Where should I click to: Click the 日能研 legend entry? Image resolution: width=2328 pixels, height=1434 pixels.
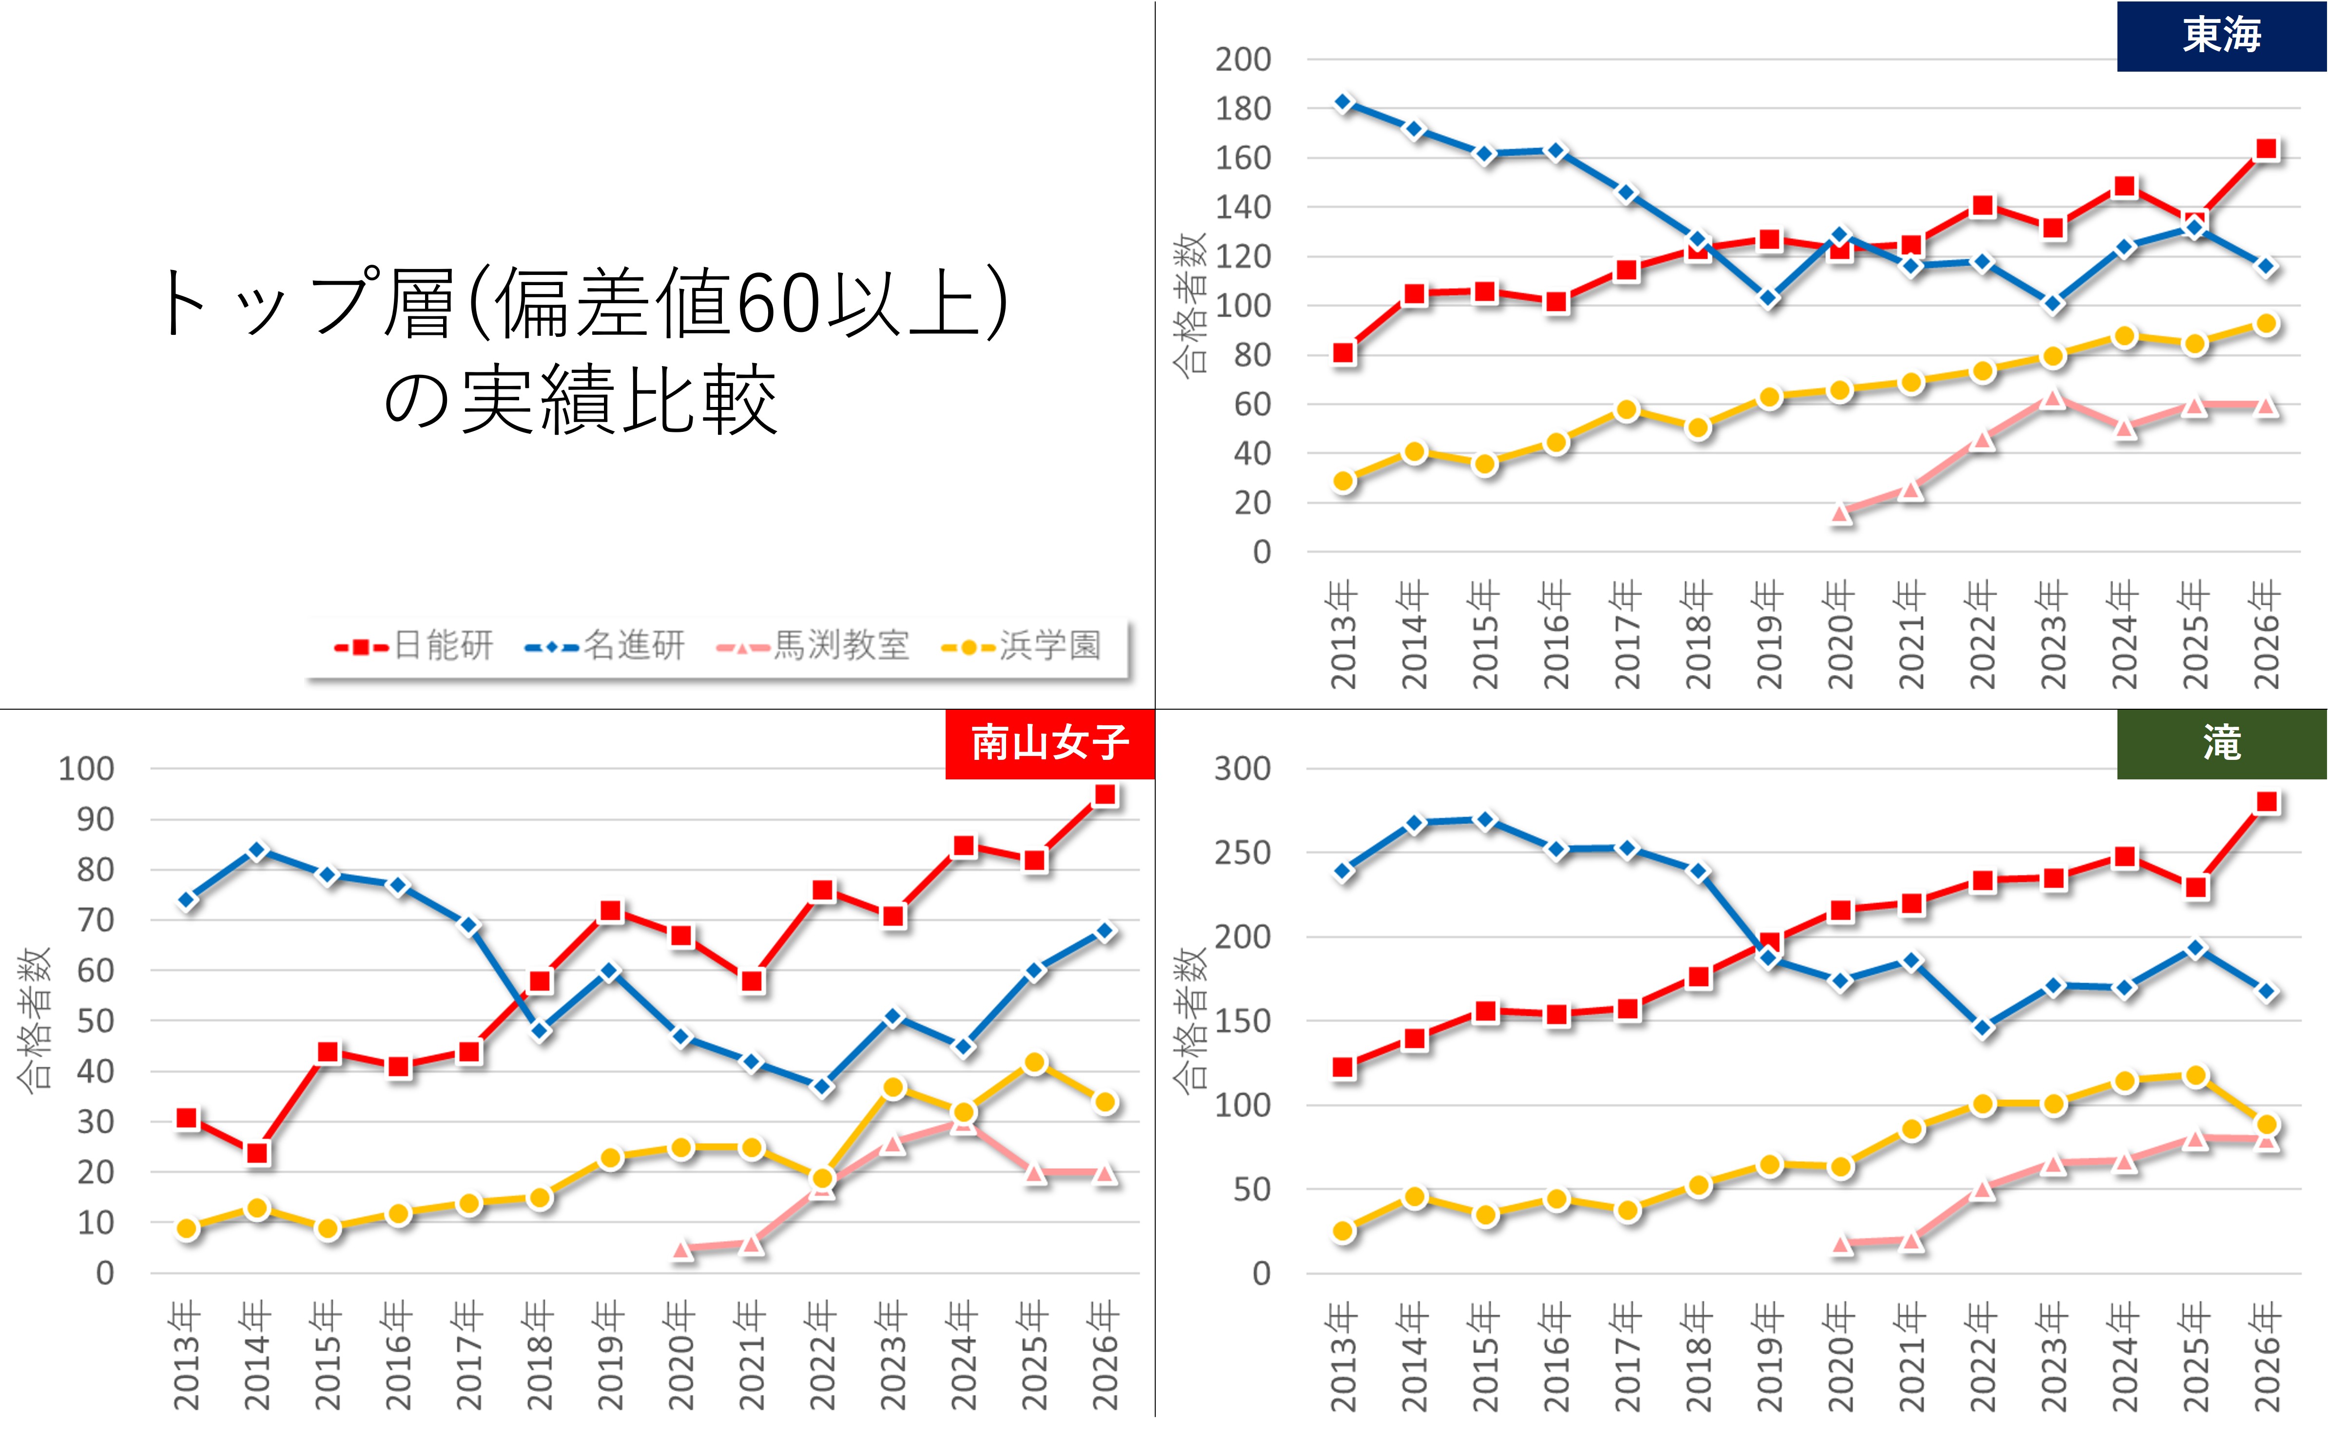pyautogui.click(x=414, y=646)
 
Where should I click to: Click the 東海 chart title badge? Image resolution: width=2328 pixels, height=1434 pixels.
pyautogui.click(x=2221, y=36)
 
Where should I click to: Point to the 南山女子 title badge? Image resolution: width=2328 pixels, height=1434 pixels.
pyautogui.click(x=1050, y=743)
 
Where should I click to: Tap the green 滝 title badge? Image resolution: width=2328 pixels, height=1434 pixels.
pyautogui.click(x=2221, y=743)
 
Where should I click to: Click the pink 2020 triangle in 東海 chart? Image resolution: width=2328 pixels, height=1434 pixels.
pyautogui.click(x=1841, y=513)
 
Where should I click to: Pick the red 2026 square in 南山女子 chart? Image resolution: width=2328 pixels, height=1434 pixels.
pyautogui.click(x=1105, y=795)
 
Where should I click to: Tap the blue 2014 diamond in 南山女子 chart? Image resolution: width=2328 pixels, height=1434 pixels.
pyautogui.click(x=257, y=851)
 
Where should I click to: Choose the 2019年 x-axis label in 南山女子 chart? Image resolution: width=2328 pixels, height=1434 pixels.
pyautogui.click(x=610, y=1356)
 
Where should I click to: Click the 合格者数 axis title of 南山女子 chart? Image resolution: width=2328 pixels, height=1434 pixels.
pyautogui.click(x=35, y=1020)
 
